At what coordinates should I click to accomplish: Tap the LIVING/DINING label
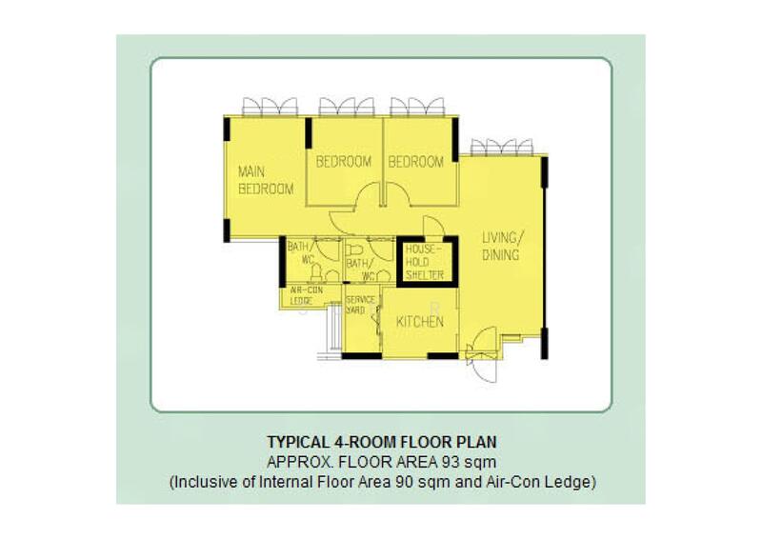500,246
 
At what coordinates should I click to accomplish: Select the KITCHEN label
420,323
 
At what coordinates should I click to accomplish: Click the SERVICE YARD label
358,305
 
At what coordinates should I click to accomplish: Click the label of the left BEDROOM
344,162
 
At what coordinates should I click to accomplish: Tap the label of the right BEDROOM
416,162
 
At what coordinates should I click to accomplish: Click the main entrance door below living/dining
483,341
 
